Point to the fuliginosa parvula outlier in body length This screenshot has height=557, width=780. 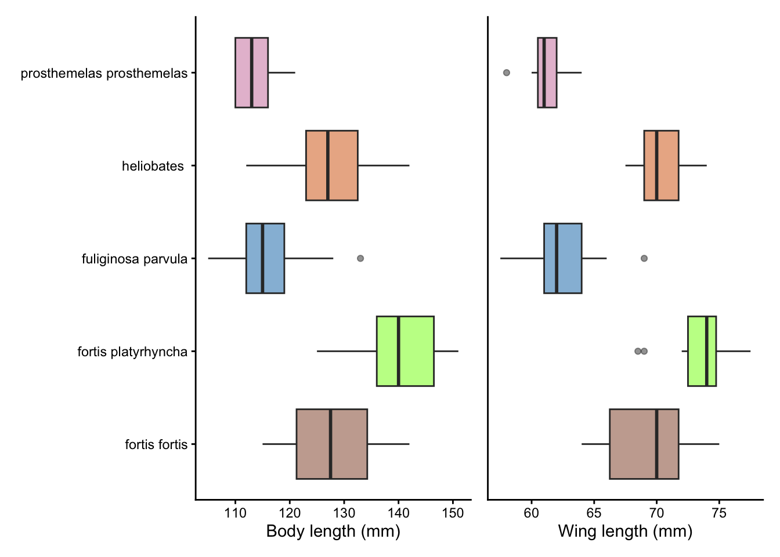tap(360, 258)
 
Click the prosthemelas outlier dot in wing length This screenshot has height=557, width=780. tap(507, 73)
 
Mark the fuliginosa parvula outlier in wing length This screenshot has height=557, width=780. tap(644, 258)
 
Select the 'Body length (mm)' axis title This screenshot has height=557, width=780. tap(333, 531)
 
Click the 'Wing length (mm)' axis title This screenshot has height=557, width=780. tap(625, 531)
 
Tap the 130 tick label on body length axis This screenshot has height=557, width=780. tap(344, 513)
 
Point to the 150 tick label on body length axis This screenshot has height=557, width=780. tap(453, 513)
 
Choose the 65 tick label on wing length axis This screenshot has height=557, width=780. tap(594, 513)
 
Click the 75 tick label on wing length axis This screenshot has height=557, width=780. tap(719, 513)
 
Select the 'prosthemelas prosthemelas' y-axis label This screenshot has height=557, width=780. tap(104, 74)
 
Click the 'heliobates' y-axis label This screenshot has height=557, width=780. tap(153, 167)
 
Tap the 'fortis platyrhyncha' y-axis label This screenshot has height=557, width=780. tap(132, 352)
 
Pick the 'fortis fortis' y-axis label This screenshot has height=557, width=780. tap(156, 445)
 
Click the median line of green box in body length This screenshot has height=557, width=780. tap(398, 351)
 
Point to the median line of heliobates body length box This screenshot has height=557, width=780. tap(328, 165)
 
